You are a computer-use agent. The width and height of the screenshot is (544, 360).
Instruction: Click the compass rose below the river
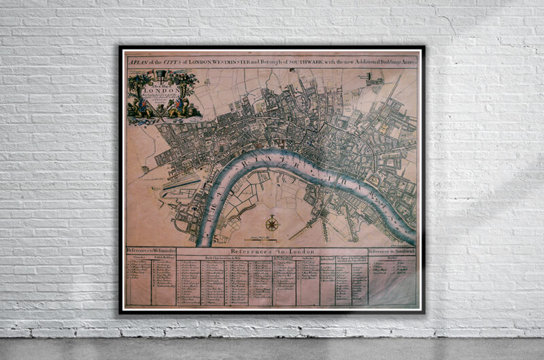tap(272, 223)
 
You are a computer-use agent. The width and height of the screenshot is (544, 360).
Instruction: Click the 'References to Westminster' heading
tap(151, 251)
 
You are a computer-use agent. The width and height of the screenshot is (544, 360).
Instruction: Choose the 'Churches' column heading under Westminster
tap(139, 257)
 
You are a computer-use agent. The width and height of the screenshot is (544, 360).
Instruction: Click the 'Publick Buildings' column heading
tap(164, 257)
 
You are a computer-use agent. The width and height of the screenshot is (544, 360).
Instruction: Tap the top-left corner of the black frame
tap(121, 48)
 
